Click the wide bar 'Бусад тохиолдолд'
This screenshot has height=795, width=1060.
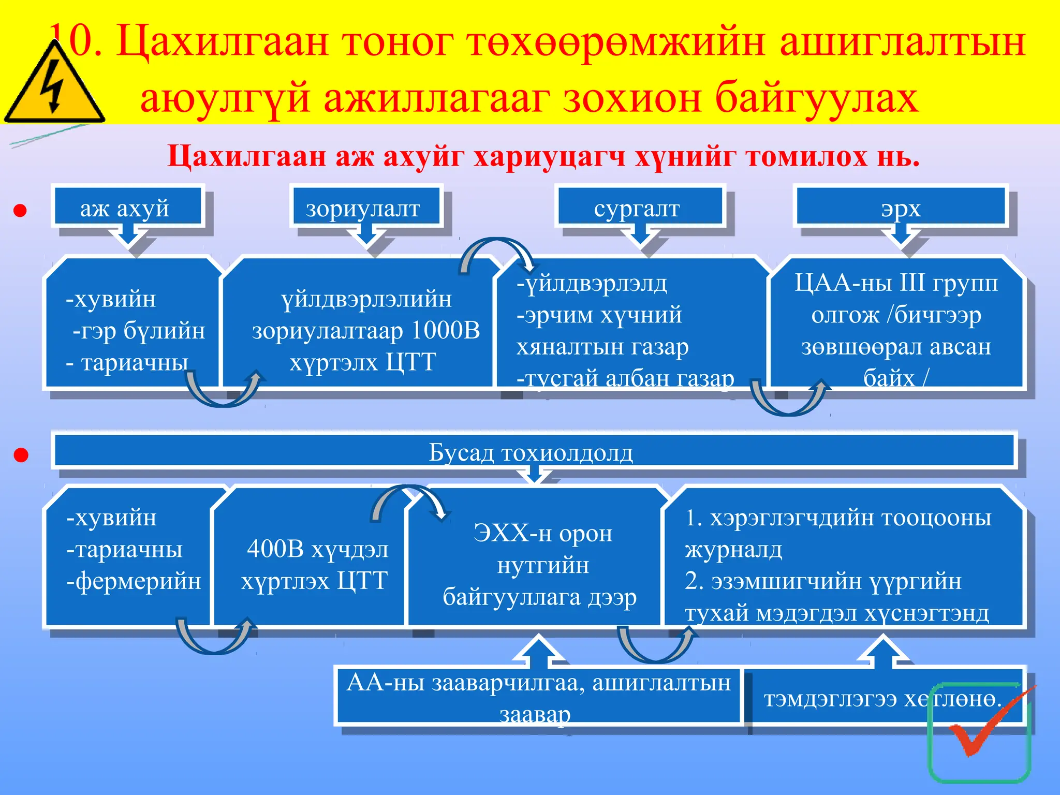click(x=531, y=452)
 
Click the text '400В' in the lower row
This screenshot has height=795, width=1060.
click(x=274, y=549)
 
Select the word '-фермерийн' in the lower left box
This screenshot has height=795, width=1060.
click(x=134, y=581)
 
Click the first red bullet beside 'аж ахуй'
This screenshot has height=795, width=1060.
click(x=20, y=211)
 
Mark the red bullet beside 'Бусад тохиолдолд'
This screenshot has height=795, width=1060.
click(x=21, y=455)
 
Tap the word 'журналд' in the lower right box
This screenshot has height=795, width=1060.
click(x=733, y=549)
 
